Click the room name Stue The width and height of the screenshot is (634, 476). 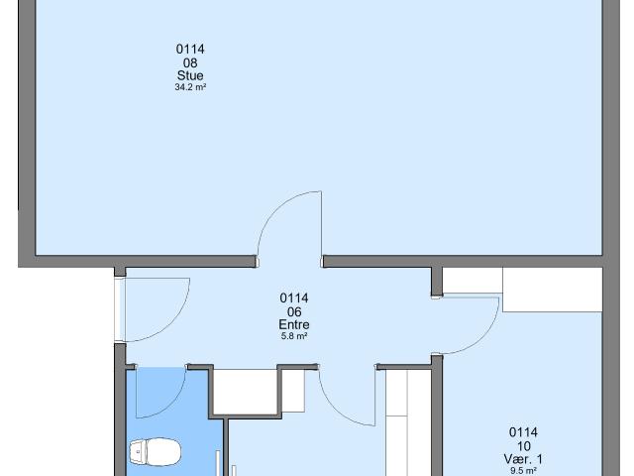190,75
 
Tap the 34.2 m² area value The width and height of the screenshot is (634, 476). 190,87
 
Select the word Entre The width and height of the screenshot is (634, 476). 294,324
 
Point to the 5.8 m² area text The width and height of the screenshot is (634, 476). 294,336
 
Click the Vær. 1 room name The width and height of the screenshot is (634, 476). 523,459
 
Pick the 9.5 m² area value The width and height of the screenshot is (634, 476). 523,471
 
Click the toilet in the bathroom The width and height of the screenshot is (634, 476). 156,451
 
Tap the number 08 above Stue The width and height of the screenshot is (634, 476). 190,62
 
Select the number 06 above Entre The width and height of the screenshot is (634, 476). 294,311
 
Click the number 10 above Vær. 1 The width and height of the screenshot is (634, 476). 523,446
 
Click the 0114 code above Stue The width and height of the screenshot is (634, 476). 190,50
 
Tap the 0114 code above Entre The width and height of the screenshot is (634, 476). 294,298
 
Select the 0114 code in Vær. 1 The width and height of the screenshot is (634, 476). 523,432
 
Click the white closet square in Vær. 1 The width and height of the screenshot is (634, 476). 553,290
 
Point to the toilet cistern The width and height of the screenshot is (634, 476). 139,451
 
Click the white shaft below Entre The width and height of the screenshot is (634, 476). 245,392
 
